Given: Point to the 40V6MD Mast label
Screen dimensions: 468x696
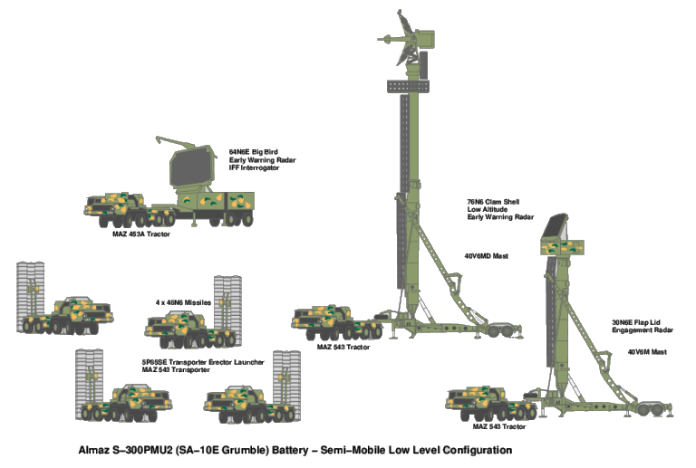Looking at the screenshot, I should click(x=487, y=256).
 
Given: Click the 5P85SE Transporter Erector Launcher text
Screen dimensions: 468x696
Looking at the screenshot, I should click(x=204, y=361).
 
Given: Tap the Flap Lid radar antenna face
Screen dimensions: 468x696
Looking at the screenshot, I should click(x=556, y=231).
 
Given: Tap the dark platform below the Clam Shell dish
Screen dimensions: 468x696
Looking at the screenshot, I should click(x=407, y=85).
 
